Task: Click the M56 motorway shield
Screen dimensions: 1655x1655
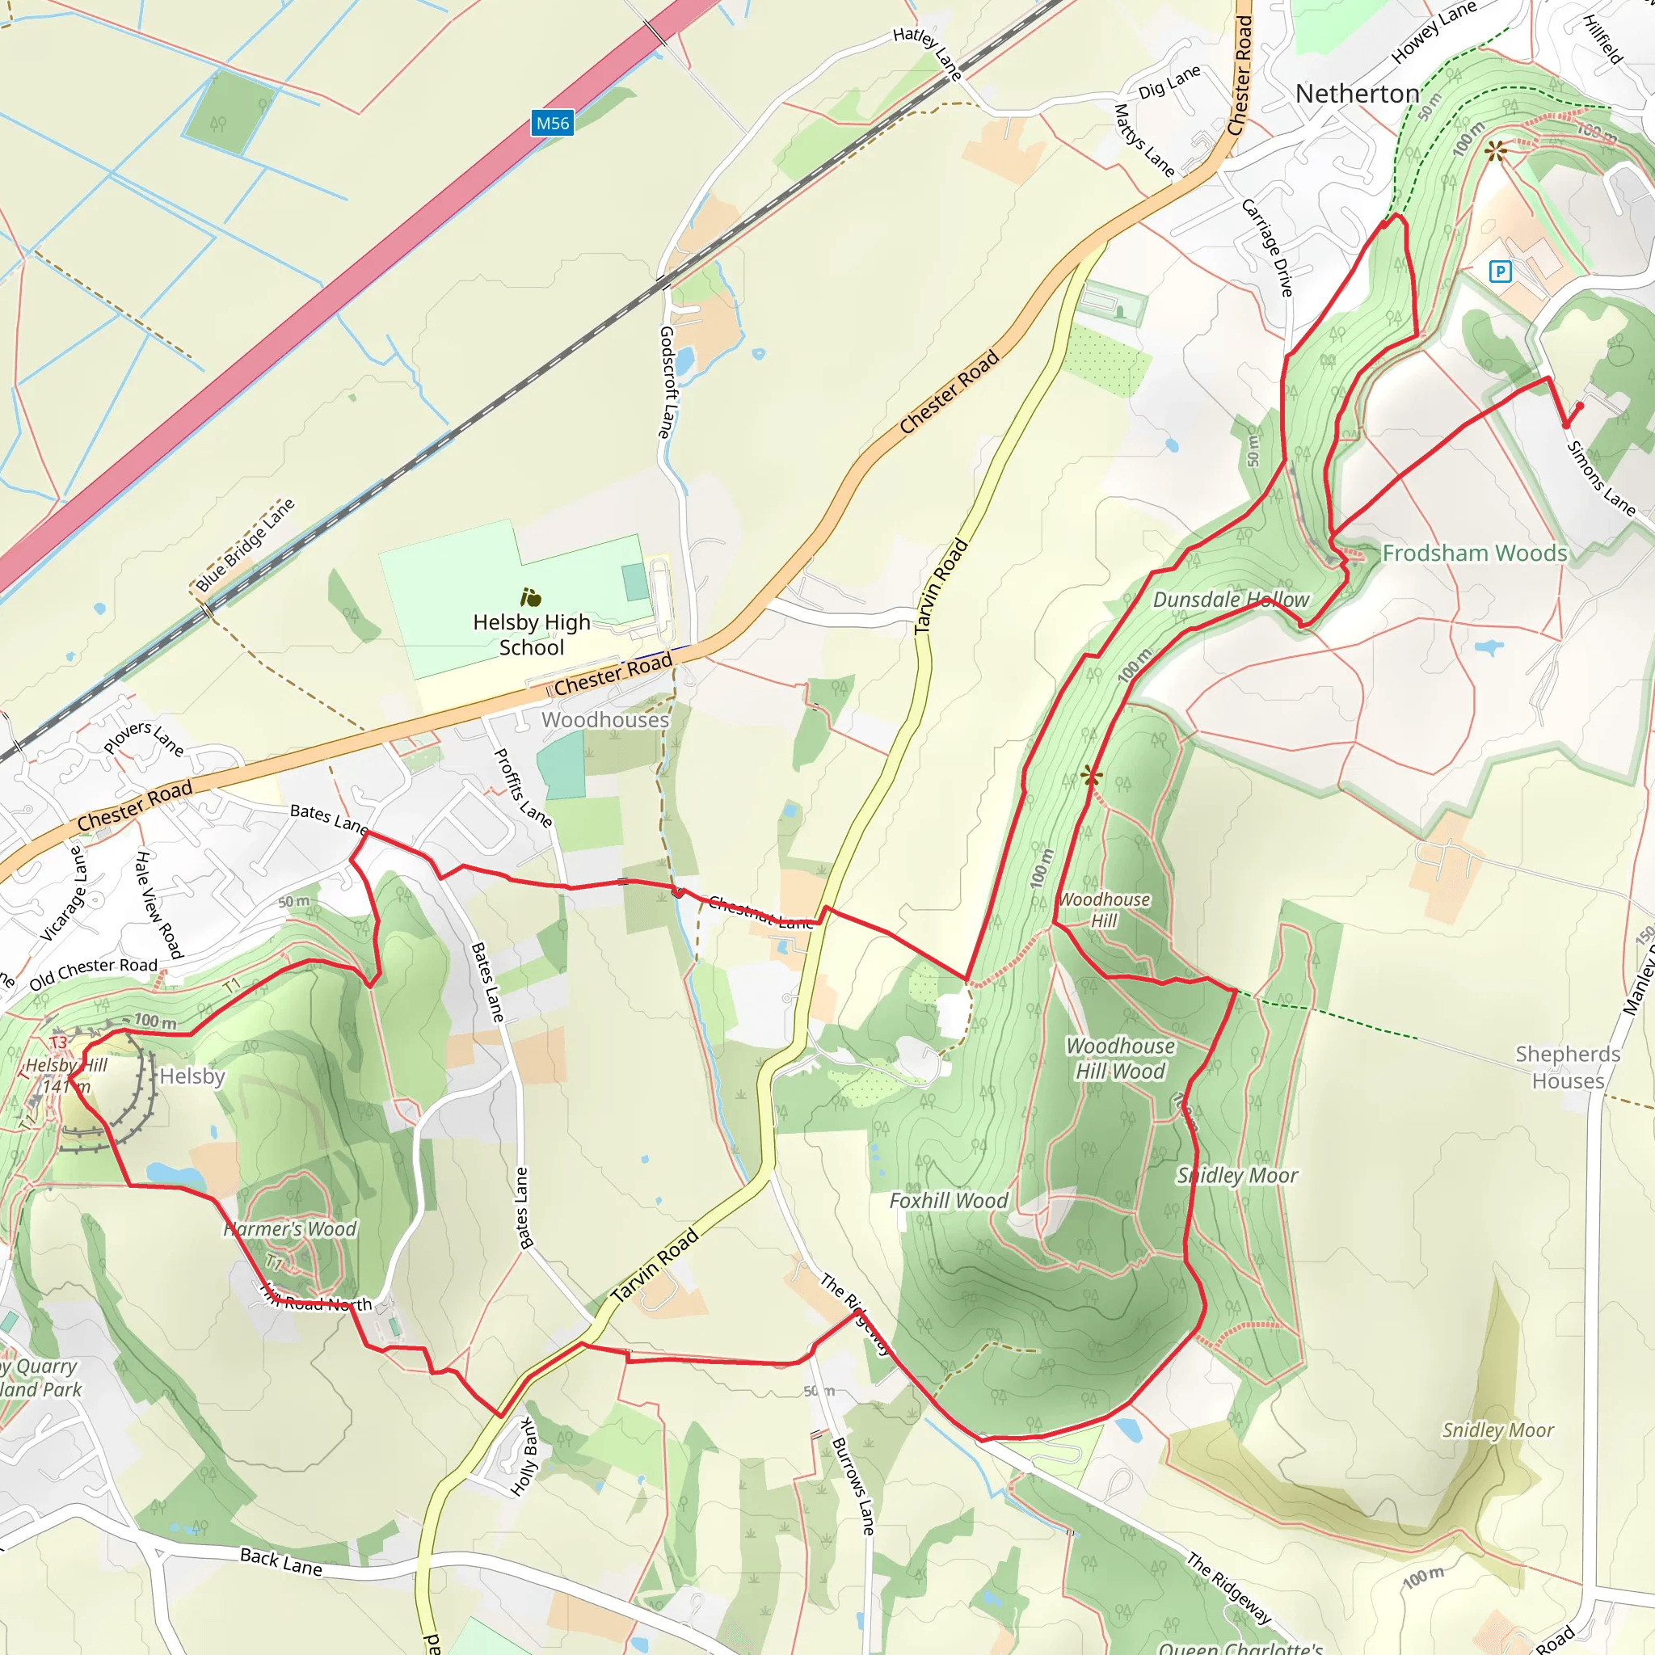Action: [552, 124]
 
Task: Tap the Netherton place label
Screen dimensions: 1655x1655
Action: [1357, 94]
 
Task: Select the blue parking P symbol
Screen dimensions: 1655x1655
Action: [1500, 272]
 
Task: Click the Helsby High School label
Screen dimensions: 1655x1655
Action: [531, 634]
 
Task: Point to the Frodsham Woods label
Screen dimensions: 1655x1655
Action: [1474, 554]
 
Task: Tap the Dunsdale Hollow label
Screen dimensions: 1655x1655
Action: [1231, 600]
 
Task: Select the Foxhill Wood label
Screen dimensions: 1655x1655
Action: [948, 1201]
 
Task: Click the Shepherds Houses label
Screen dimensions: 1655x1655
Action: [1568, 1068]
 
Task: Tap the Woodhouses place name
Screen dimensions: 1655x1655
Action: [604, 719]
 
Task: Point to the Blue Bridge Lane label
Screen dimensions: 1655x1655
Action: [245, 545]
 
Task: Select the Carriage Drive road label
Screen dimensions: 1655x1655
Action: [1267, 247]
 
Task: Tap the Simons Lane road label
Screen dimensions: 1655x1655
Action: [1600, 477]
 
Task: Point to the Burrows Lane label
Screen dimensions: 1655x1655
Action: [853, 1486]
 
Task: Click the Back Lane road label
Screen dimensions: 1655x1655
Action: [281, 1561]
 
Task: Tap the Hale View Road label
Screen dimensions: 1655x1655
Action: [158, 904]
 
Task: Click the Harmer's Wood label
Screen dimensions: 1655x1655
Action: [289, 1229]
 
